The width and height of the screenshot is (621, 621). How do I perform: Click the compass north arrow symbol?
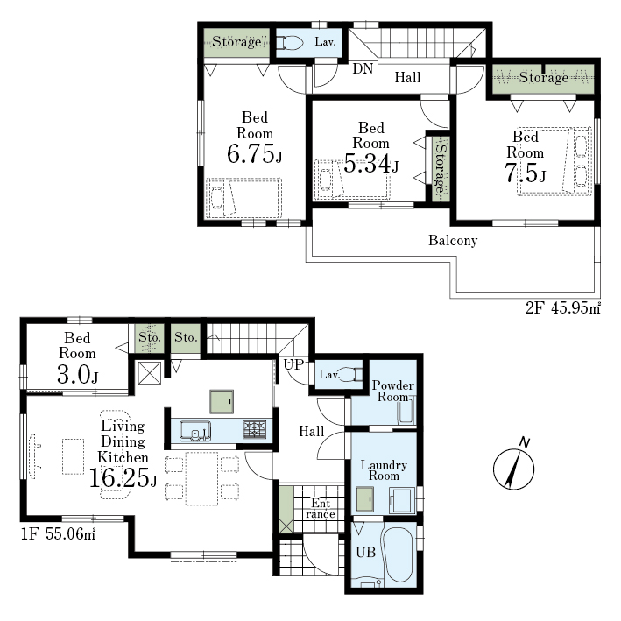[x=513, y=469]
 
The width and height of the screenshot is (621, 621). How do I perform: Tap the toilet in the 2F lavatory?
[x=289, y=43]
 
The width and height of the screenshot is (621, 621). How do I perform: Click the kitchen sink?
[x=194, y=431]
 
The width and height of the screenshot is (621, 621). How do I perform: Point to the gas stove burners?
[x=255, y=429]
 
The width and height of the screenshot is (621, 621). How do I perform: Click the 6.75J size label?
[x=255, y=153]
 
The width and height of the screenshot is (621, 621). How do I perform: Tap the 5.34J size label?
[x=371, y=163]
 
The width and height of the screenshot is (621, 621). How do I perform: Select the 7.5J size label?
[x=526, y=173]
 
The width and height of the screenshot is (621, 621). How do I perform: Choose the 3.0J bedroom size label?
[x=78, y=374]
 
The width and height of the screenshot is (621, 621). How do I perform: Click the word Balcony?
[x=453, y=240]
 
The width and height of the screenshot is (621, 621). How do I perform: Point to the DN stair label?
[x=363, y=69]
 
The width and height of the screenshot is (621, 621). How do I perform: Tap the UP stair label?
[x=293, y=364]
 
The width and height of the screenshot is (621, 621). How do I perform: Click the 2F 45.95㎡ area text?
[x=563, y=307]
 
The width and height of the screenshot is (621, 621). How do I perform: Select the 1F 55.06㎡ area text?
[x=58, y=534]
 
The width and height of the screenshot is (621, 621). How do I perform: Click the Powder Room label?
[x=393, y=391]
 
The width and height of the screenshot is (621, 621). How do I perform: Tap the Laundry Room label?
[x=384, y=470]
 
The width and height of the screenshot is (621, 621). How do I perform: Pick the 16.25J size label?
[x=123, y=478]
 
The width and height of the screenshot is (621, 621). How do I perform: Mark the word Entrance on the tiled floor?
[x=321, y=509]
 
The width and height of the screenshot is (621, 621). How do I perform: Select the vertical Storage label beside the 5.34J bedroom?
[x=440, y=169]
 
